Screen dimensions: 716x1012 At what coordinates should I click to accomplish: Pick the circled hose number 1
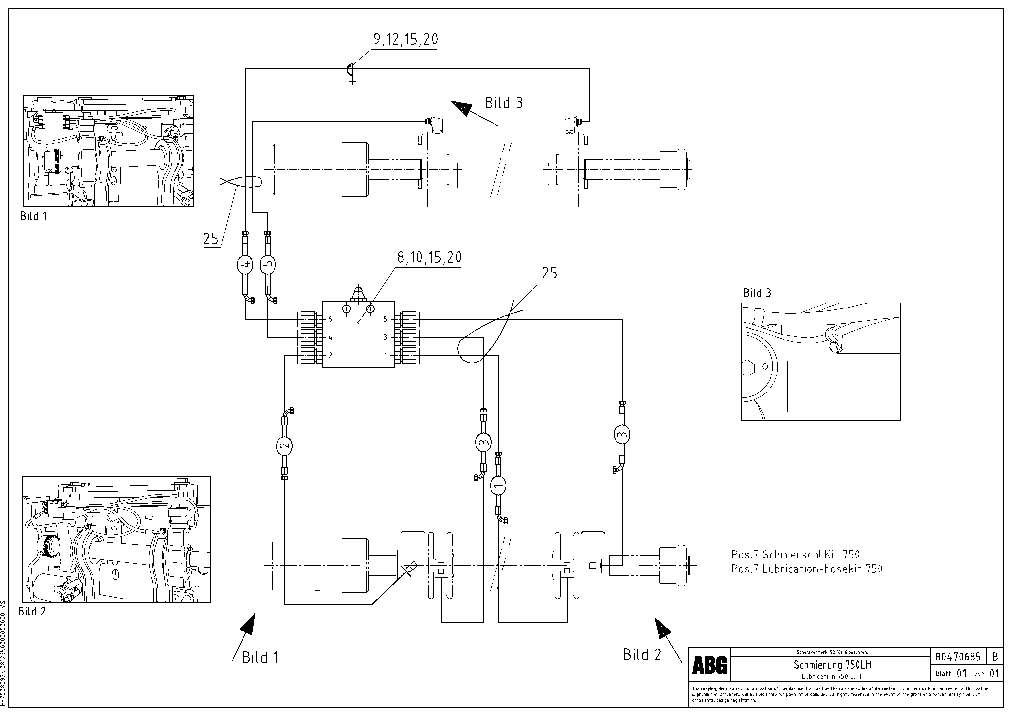[x=498, y=486]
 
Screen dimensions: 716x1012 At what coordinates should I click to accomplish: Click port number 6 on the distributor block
[x=330, y=319]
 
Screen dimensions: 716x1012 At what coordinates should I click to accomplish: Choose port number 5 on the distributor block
[x=385, y=319]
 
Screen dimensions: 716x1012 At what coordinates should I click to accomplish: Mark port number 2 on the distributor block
[x=330, y=355]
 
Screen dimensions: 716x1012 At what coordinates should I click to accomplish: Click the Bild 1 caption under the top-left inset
[x=34, y=216]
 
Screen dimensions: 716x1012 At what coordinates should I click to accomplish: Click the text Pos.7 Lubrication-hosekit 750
[x=807, y=569]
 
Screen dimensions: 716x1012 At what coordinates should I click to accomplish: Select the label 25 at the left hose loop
[x=211, y=239]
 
